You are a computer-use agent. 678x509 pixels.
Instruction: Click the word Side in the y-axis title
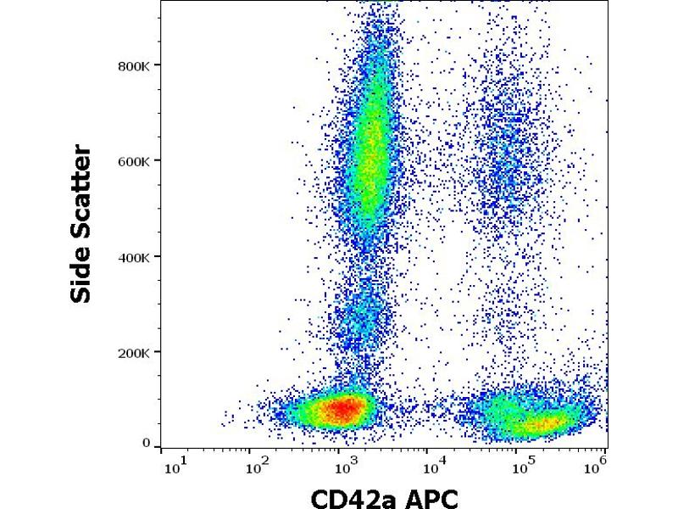[x=82, y=275]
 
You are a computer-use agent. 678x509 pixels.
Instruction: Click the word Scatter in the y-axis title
[x=82, y=187]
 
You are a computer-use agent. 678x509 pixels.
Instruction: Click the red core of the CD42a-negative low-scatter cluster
[x=341, y=409]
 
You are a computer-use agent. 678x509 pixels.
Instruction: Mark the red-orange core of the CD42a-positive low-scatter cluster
[x=543, y=421]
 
